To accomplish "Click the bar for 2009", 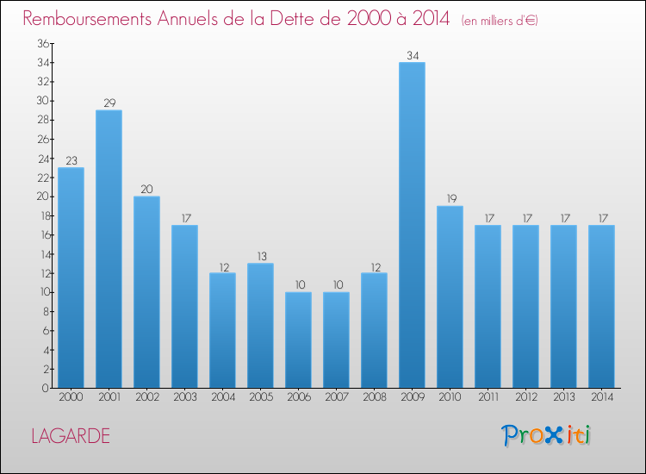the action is [412, 225].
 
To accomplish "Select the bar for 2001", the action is [109, 249].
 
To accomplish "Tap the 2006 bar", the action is [298, 340].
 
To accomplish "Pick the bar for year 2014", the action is [601, 307].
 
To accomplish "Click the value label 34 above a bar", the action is [413, 56].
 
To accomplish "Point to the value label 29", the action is [109, 103].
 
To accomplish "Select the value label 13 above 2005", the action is [262, 256].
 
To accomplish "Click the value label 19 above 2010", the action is [451, 199].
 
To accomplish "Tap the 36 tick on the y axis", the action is [43, 43].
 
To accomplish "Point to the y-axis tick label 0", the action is [46, 388].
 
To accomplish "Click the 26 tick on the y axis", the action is [43, 140].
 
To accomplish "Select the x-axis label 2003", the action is [185, 397].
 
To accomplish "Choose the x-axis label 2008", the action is [375, 397].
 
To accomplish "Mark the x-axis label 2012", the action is [526, 397].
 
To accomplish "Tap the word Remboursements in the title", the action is [87, 19].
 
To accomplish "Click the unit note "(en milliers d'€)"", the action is [500, 21].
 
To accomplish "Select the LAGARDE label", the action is [71, 436].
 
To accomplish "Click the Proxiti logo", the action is [546, 435].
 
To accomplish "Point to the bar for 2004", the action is [222, 331].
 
